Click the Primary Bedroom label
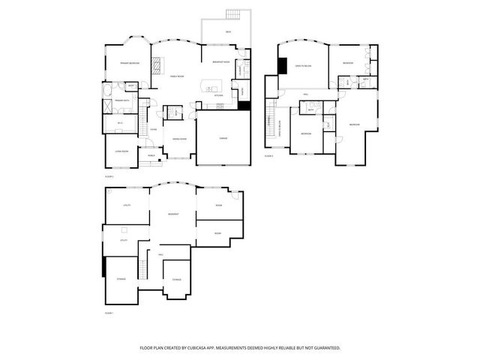click(x=130, y=64)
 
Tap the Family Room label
click(x=178, y=76)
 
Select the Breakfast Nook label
click(x=220, y=62)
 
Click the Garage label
click(x=223, y=139)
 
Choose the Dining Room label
click(x=180, y=139)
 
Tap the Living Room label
click(x=121, y=151)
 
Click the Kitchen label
click(x=219, y=95)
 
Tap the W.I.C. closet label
click(x=120, y=122)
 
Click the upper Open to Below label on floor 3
click(x=303, y=66)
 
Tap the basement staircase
click(x=140, y=265)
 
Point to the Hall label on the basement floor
click(x=160, y=255)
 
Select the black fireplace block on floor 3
click(x=282, y=66)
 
